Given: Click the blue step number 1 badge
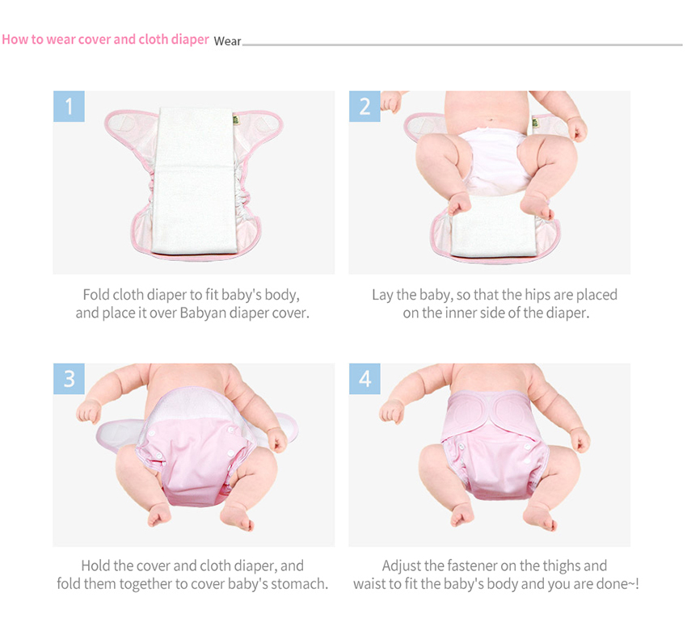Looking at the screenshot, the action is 69,107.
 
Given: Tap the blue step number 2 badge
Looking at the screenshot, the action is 365,107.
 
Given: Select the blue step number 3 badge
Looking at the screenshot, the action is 69,379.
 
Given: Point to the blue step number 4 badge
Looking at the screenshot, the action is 365,379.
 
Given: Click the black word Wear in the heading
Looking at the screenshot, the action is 227,41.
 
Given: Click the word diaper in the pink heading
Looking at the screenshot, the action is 190,40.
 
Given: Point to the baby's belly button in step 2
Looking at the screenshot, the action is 491,119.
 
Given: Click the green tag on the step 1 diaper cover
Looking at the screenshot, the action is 236,120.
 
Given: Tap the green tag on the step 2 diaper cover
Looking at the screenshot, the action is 535,122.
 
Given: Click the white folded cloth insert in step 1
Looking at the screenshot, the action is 196,180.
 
